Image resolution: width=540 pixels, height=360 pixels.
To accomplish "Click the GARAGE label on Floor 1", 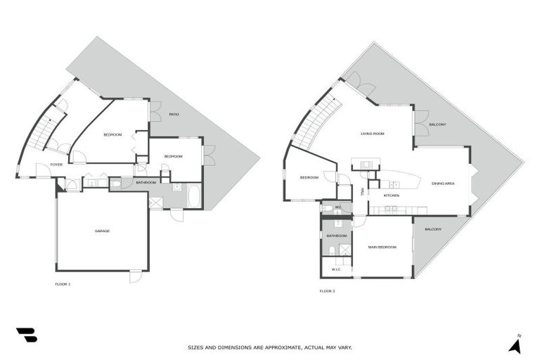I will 103,231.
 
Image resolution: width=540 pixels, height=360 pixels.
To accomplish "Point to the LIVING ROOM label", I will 372,133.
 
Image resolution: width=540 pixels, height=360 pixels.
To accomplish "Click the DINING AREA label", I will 442,184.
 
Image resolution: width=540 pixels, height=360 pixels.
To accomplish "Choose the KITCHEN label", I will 392,195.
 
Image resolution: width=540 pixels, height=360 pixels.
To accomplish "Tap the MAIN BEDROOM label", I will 382,247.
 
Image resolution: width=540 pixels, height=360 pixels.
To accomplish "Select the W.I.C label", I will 336,269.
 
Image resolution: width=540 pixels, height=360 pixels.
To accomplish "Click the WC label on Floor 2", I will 337,207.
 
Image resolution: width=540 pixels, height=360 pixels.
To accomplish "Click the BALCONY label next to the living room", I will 437,124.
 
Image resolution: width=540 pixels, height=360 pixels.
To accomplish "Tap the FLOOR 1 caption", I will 63,284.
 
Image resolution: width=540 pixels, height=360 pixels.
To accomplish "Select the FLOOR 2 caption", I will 327,290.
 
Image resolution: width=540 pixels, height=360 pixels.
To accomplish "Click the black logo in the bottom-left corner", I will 26,335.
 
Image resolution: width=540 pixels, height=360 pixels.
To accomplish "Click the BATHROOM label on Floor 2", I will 337,236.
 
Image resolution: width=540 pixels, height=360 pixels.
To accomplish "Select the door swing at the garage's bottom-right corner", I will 135,276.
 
